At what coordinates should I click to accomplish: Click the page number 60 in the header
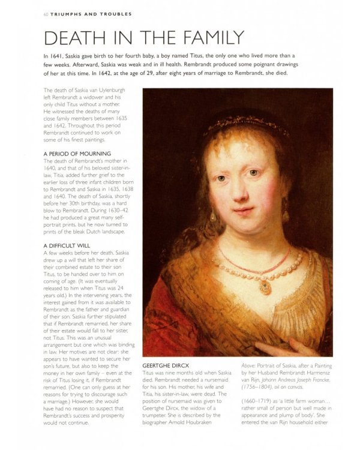(x=38, y=13)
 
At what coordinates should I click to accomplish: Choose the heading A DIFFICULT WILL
(x=69, y=246)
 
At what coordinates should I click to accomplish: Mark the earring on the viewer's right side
(x=284, y=214)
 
